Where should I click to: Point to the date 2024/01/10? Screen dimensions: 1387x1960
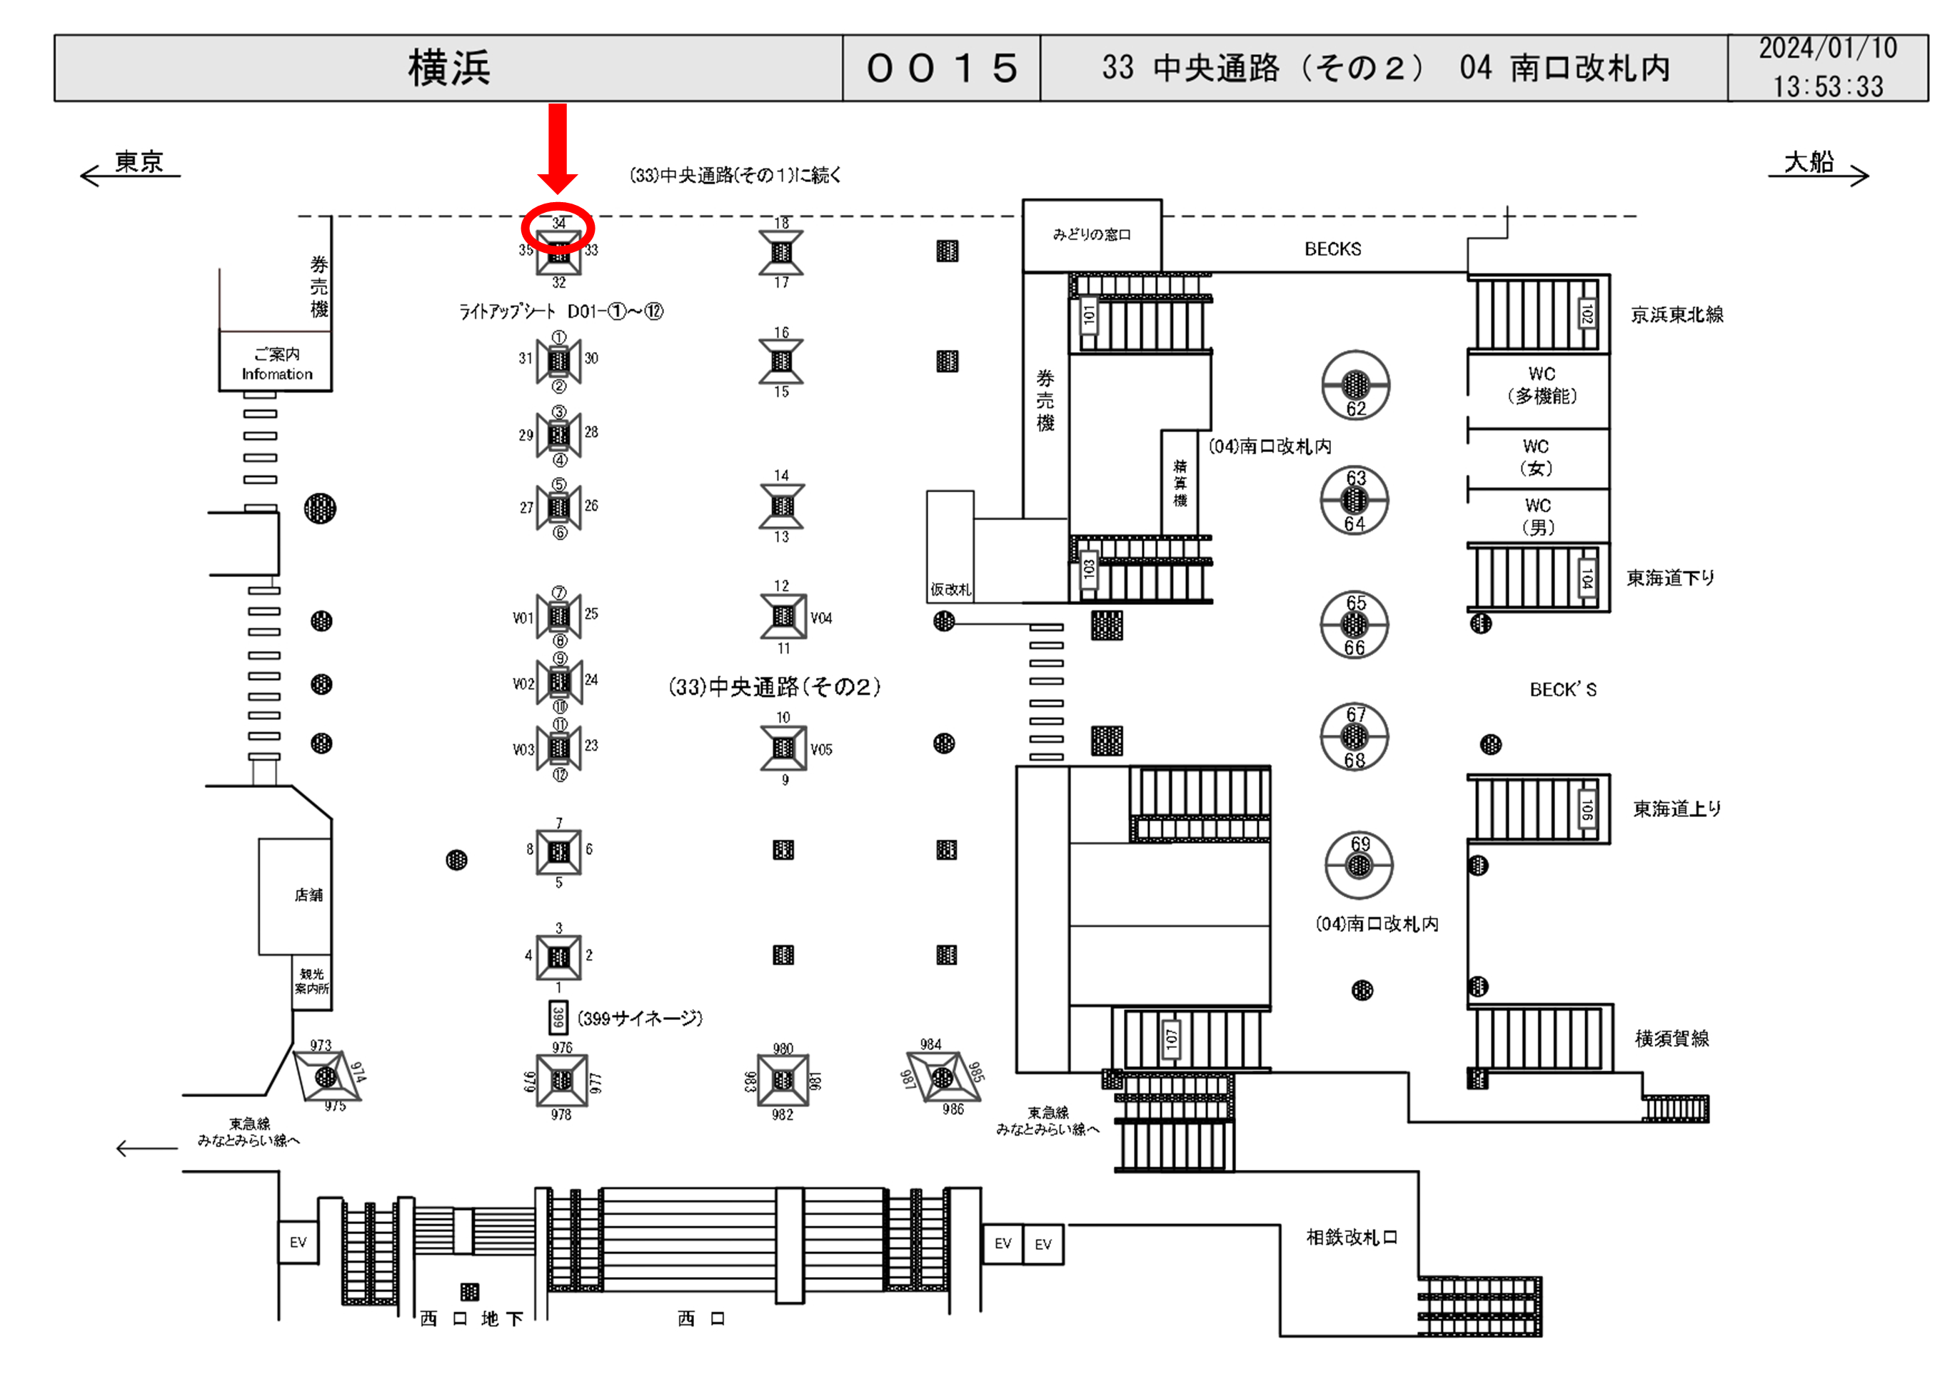1828,49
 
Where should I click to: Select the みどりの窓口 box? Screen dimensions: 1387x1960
1092,235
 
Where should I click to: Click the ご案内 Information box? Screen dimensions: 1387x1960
276,364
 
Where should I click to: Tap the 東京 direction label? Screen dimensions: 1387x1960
139,161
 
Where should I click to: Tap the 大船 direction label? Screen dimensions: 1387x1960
1808,161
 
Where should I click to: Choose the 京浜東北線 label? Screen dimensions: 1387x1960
1677,315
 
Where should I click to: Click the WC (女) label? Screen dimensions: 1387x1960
1536,458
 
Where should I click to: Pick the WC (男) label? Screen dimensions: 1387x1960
1537,516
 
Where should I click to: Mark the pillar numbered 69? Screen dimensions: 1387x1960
1359,864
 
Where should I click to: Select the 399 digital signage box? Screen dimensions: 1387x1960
558,1017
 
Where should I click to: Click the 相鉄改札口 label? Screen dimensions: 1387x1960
1352,1238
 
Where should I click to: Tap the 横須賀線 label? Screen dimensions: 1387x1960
1672,1038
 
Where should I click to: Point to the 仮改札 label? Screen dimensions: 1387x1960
950,589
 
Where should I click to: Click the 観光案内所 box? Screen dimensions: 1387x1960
311,981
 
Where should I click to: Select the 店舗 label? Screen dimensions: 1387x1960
308,895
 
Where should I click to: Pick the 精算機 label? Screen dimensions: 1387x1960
1180,483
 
